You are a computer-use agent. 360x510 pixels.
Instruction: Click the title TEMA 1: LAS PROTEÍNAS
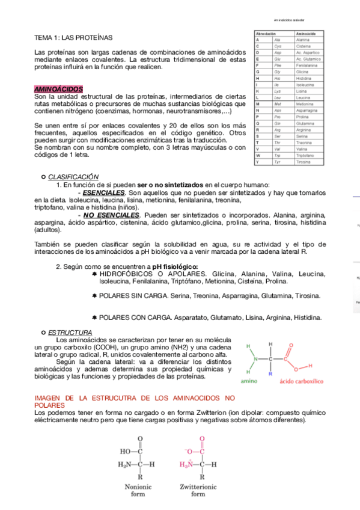[69, 37]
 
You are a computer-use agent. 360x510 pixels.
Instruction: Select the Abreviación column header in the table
[266, 34]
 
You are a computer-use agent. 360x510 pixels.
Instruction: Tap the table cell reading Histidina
[304, 78]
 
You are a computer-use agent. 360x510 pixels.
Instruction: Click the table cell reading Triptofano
[305, 155]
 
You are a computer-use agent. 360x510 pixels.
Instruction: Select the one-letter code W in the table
[257, 155]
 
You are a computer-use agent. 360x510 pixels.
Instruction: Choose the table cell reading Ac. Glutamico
[308, 59]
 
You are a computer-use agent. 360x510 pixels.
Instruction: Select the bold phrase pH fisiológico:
[175, 266]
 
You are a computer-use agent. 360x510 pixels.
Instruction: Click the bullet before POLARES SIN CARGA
[94, 296]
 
